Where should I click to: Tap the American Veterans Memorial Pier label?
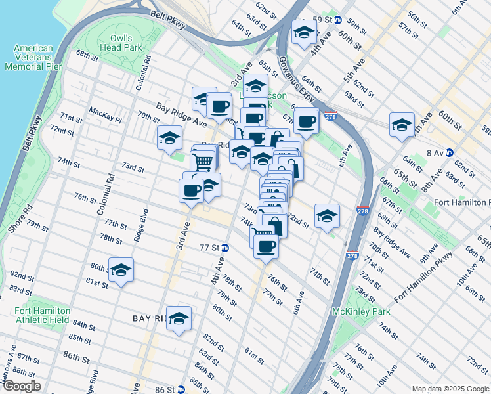click(x=37, y=57)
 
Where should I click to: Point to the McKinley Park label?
click(x=361, y=311)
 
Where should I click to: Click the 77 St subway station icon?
click(x=225, y=248)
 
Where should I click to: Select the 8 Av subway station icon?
click(x=450, y=152)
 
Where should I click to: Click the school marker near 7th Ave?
click(x=402, y=125)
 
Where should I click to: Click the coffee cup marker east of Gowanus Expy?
click(x=306, y=121)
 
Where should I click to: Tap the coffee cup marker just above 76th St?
click(x=266, y=247)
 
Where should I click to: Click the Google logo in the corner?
click(x=21, y=386)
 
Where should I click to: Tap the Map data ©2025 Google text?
click(x=450, y=389)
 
